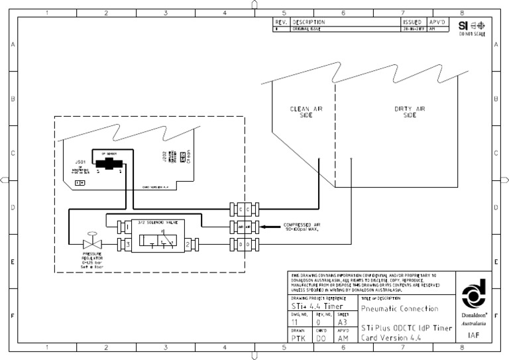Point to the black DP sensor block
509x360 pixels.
[x=108, y=163]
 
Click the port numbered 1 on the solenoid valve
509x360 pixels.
[x=125, y=227]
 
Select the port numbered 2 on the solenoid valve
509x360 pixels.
[x=188, y=245]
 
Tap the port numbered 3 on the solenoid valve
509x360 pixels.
[x=125, y=245]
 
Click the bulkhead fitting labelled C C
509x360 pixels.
[x=240, y=210]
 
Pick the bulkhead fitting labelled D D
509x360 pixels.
[x=240, y=245]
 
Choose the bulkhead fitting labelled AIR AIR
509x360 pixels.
[x=240, y=227]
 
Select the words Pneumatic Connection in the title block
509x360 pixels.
[x=400, y=309]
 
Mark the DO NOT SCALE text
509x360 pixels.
[x=471, y=34]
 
